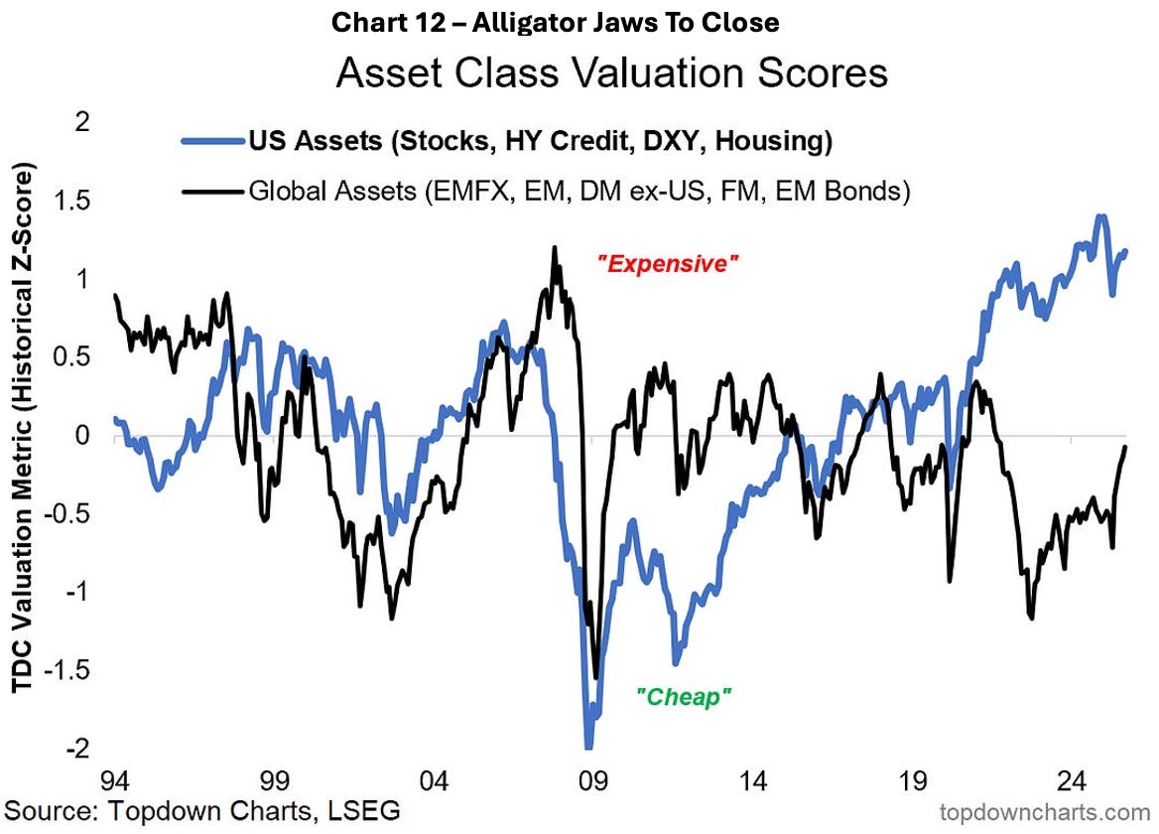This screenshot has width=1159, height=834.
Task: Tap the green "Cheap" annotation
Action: [683, 697]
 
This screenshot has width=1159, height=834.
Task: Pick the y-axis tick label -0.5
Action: [68, 514]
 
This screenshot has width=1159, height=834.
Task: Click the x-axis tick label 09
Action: [593, 778]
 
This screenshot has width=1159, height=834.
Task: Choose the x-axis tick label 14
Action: [753, 778]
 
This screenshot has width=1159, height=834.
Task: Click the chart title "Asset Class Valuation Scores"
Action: [611, 73]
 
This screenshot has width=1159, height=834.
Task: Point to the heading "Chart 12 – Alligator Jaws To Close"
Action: [556, 22]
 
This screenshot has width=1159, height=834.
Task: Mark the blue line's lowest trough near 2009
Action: [587, 747]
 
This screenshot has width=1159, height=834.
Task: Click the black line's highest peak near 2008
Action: [555, 247]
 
